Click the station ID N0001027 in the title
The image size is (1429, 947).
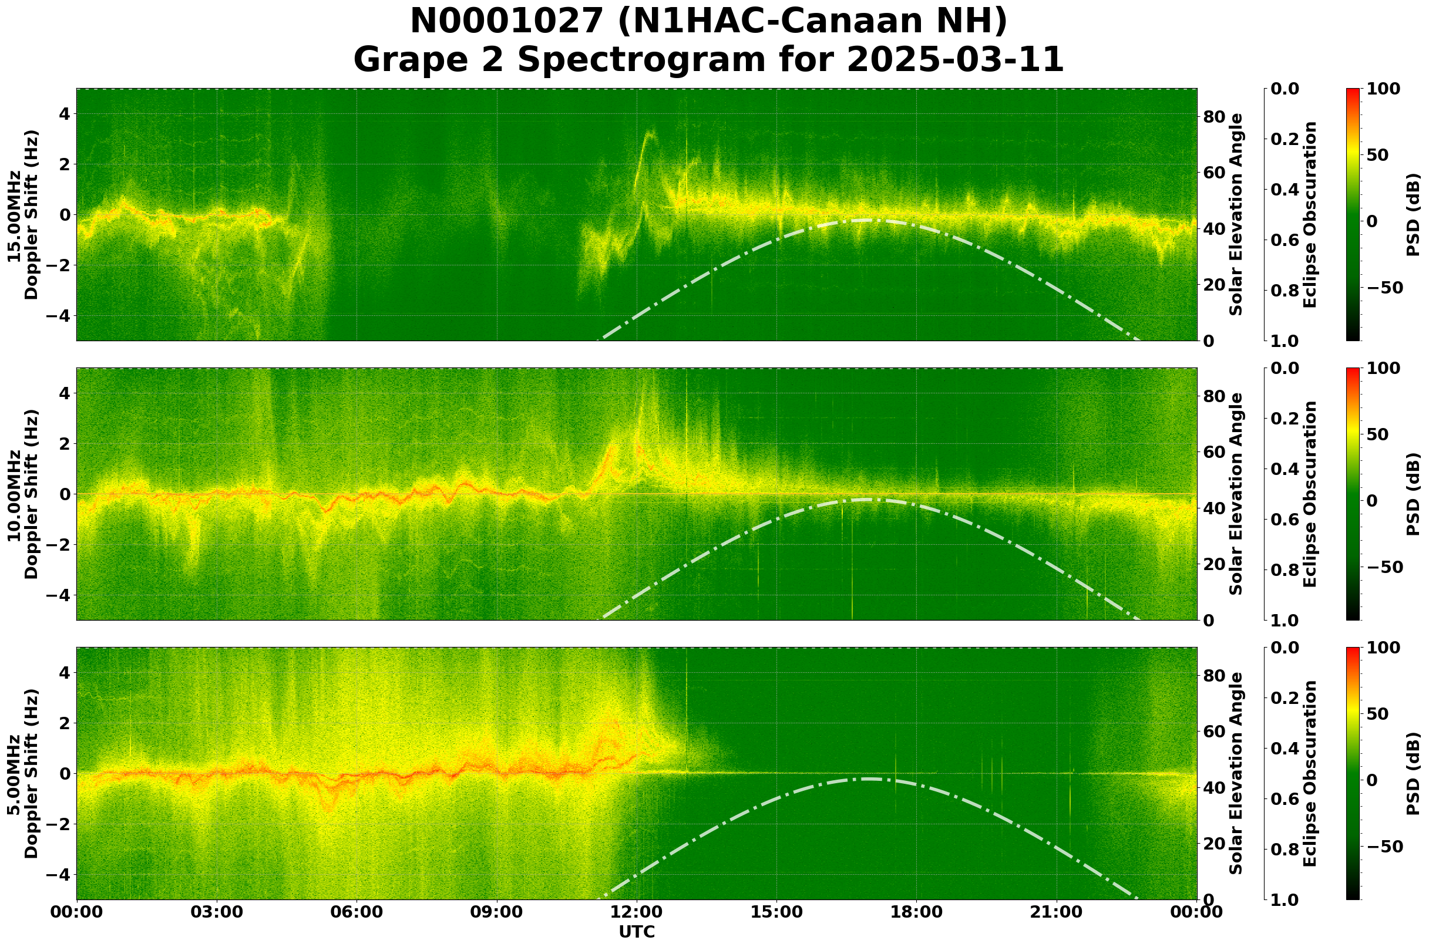505,22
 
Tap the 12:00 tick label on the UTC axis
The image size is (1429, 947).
637,912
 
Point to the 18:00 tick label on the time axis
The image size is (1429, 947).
917,912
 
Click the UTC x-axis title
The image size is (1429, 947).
637,932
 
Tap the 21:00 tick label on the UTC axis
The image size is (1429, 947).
1057,912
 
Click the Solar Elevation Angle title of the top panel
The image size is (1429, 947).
1236,214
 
